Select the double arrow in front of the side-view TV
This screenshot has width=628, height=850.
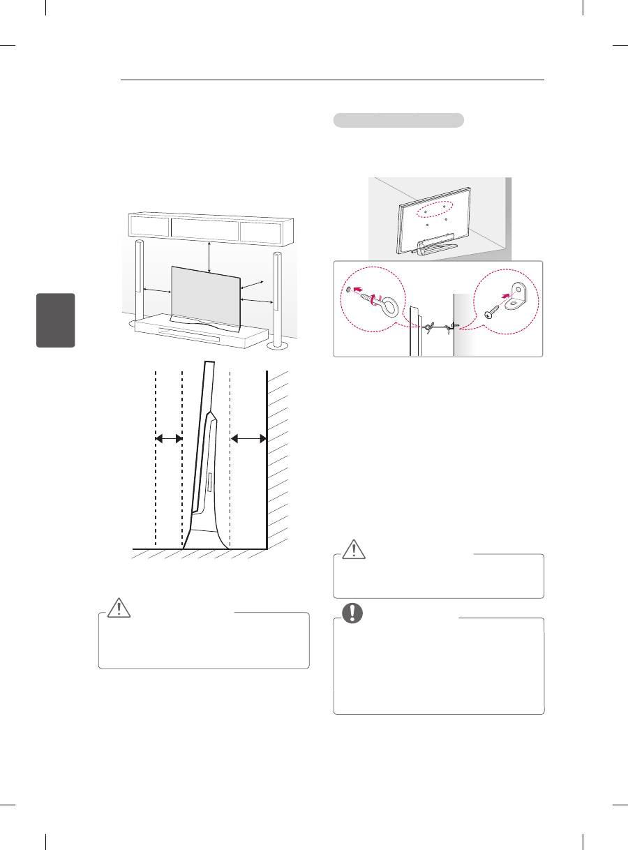coord(168,438)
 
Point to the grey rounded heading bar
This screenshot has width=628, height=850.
coord(398,120)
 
